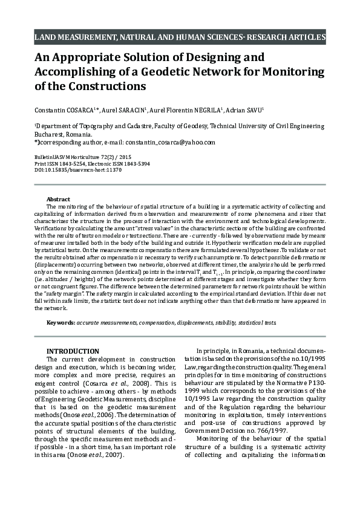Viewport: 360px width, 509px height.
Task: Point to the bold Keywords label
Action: [x=61, y=323]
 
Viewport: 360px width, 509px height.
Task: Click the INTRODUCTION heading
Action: [x=73, y=351]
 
